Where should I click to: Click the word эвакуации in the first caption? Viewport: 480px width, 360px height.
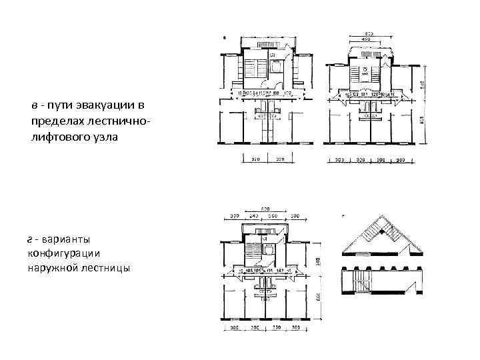click(x=104, y=107)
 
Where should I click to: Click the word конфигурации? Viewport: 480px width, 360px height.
click(x=68, y=253)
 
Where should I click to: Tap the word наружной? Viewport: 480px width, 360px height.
click(x=55, y=268)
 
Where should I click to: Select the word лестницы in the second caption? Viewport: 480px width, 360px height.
click(x=107, y=268)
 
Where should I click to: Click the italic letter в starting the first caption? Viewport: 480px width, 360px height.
click(x=33, y=107)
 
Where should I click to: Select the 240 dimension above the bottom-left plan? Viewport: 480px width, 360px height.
click(x=253, y=216)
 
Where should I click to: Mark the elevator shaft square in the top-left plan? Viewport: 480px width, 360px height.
click(x=274, y=67)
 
